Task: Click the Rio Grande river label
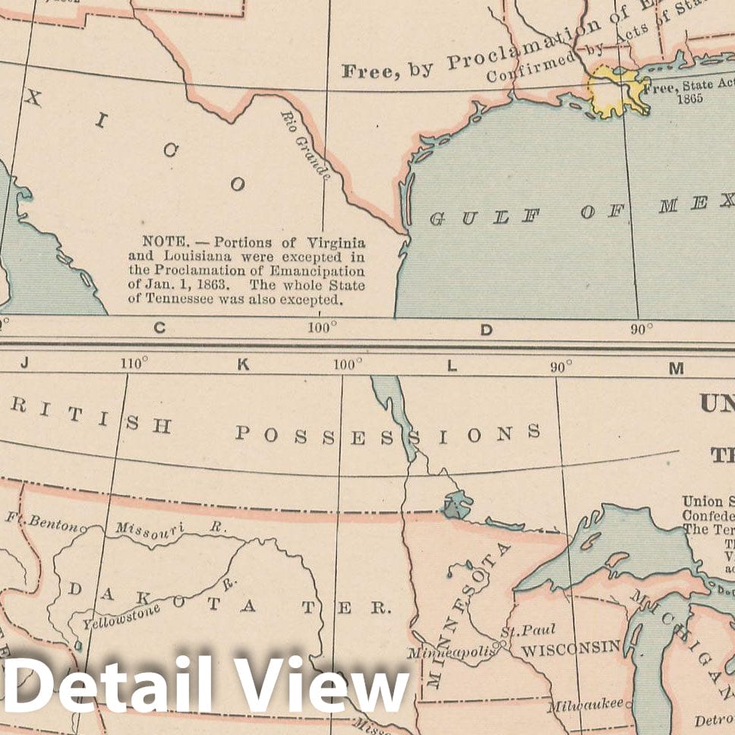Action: (x=305, y=145)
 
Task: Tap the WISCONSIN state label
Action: (x=570, y=648)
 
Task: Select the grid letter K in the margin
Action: (x=243, y=364)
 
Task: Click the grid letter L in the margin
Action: (x=452, y=366)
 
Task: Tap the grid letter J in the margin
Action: (x=24, y=363)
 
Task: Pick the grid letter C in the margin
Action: (x=159, y=328)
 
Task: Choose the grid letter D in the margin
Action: (x=486, y=329)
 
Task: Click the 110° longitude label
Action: (x=133, y=364)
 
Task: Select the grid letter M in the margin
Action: (x=676, y=369)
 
